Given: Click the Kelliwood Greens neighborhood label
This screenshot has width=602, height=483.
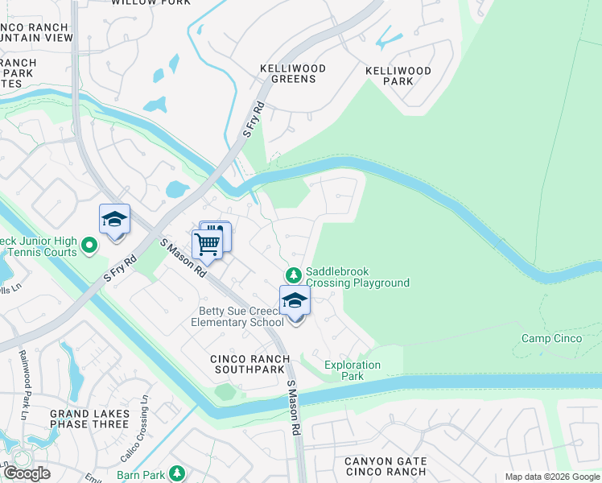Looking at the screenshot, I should tap(293, 74).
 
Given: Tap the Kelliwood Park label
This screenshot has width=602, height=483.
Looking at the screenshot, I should tap(398, 76).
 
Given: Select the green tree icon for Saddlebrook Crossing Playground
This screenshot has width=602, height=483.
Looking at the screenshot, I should tap(295, 275).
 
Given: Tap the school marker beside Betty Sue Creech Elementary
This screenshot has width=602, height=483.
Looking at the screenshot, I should tap(295, 302).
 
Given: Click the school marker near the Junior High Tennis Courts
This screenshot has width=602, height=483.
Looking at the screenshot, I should tap(114, 221).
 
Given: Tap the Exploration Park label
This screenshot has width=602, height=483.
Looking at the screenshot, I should tap(352, 370).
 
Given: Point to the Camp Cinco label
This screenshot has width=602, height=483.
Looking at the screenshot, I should tap(551, 338).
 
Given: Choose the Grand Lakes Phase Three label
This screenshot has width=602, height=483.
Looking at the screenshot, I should tap(89, 419).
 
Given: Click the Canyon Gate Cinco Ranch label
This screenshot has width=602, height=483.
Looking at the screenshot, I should tap(385, 466).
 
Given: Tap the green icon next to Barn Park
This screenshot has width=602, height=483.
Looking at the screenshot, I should tap(177, 474).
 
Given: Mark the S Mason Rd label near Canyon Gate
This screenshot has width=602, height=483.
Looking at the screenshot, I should tap(293, 409).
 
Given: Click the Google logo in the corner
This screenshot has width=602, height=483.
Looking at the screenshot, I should tap(27, 473).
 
